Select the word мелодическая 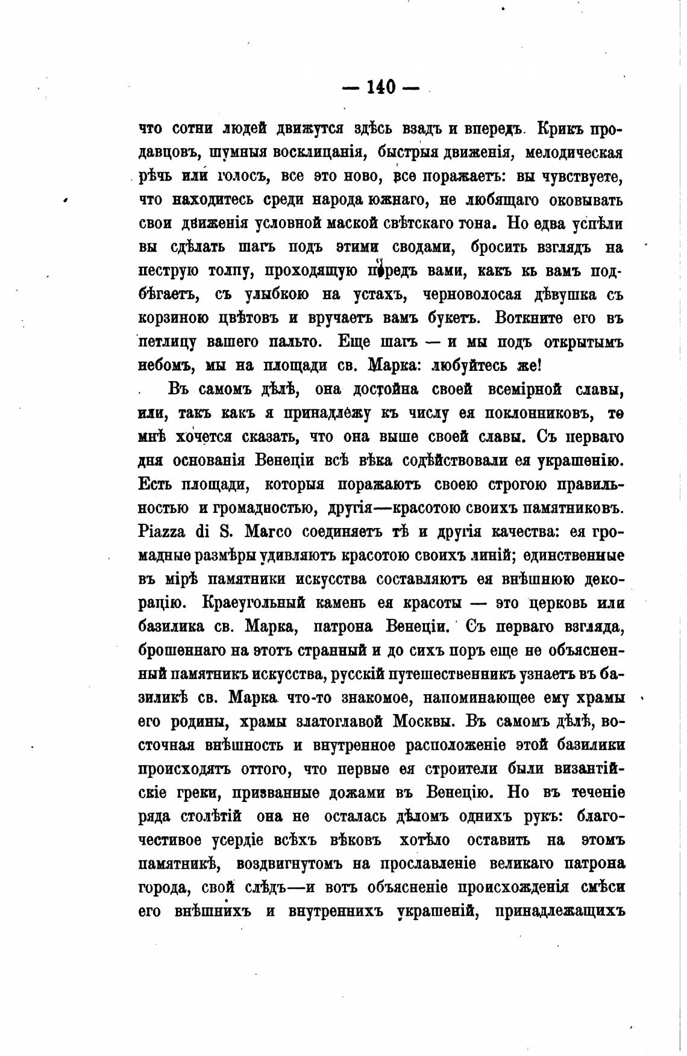click(574, 152)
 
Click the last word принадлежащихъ click(558, 912)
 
